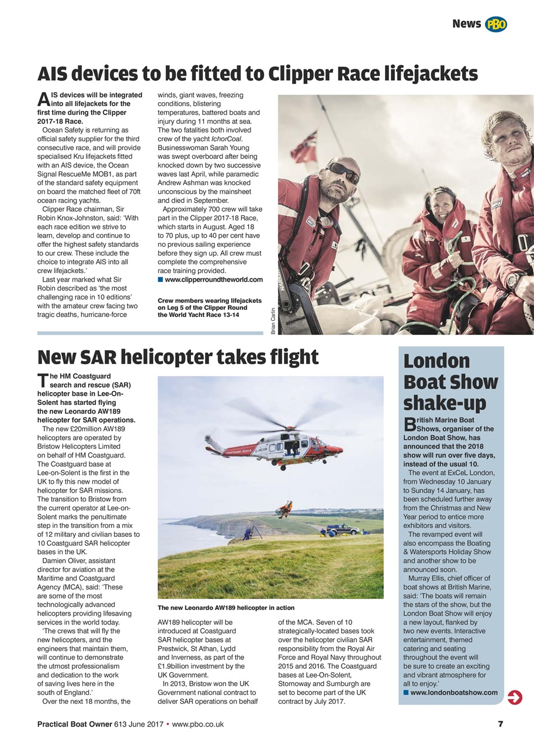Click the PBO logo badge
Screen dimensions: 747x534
[496, 24]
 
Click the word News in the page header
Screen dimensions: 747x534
[466, 24]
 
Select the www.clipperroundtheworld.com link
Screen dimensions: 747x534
[214, 280]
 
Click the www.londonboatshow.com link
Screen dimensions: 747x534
[454, 693]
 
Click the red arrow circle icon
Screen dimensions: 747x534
[515, 697]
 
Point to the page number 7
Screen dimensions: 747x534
[500, 724]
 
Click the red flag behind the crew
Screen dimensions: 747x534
[304, 146]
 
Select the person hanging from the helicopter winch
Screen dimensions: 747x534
[285, 507]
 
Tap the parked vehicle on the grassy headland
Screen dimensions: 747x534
[343, 529]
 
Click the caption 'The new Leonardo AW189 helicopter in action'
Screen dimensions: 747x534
[226, 608]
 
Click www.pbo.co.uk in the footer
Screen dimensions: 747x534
[198, 724]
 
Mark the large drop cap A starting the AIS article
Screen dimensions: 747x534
[43, 100]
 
